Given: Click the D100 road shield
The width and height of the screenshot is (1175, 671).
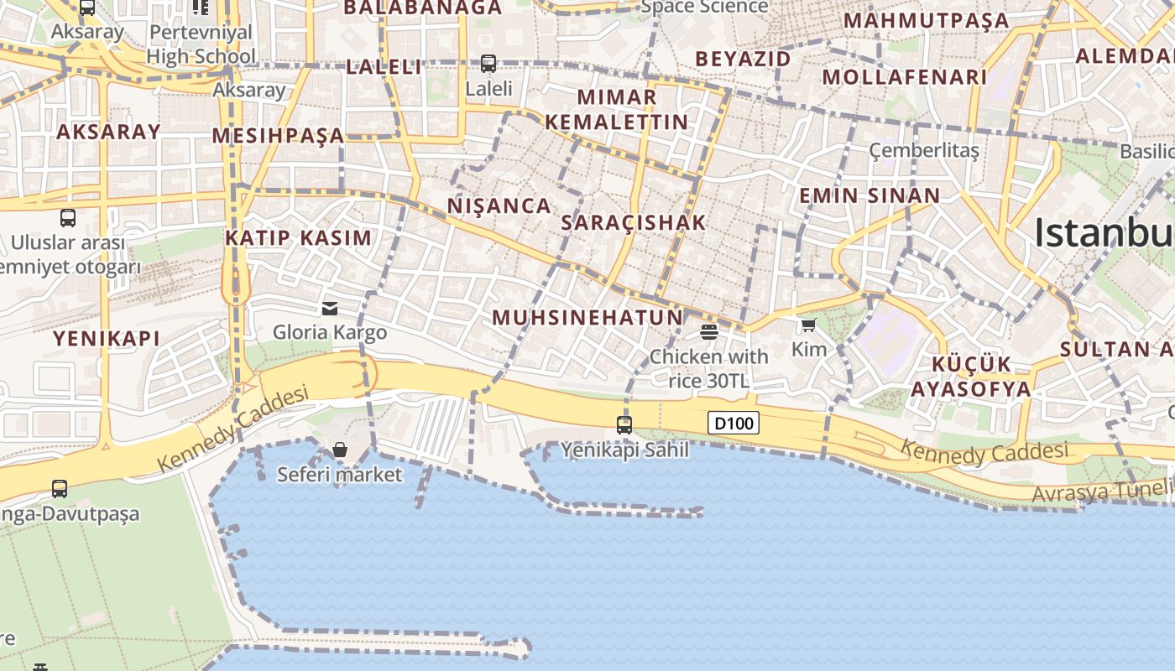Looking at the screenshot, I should [734, 424].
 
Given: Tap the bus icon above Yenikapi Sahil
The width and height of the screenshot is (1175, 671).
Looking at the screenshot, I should [624, 424].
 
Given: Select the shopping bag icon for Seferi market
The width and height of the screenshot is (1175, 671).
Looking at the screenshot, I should [340, 450].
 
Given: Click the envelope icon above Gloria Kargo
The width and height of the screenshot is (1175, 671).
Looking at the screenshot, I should [330, 309].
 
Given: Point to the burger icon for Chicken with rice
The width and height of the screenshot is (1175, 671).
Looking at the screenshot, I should [709, 331].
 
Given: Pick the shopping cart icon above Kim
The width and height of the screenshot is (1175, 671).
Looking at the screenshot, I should [808, 325].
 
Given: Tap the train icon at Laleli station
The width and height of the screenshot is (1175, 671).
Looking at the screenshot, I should [488, 63].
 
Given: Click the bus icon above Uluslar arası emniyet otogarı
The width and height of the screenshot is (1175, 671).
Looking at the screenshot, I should [68, 218].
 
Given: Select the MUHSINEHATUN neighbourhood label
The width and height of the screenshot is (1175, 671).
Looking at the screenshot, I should [587, 318].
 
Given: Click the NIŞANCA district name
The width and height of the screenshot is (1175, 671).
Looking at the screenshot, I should [499, 205].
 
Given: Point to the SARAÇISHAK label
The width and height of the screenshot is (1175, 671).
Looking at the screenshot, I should [634, 223].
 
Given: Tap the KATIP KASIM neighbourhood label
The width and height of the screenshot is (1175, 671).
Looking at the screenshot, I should [298, 237].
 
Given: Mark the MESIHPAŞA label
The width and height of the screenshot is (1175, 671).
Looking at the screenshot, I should [278, 135].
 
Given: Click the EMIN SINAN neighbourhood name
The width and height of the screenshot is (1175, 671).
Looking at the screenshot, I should [869, 195].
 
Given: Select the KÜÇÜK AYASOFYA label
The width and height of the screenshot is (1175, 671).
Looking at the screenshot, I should [971, 377].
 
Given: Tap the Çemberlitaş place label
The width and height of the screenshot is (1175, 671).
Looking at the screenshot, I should [924, 151].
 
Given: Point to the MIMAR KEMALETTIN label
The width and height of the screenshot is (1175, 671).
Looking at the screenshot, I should [617, 109].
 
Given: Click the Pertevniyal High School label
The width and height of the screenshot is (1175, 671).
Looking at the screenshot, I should [201, 44].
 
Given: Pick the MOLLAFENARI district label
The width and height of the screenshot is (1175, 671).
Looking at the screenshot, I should [905, 77].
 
